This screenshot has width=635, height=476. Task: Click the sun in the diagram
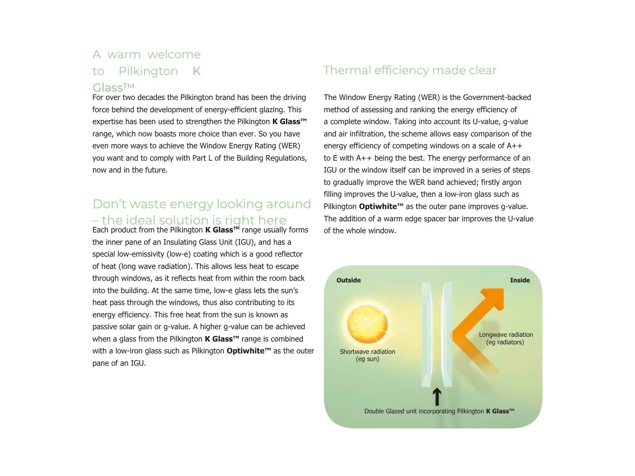click(x=367, y=324)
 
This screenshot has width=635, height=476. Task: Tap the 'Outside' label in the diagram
click(x=348, y=280)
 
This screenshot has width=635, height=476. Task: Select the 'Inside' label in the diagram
click(x=520, y=280)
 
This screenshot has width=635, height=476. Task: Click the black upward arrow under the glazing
click(x=437, y=396)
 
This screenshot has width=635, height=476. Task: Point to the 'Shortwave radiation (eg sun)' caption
click(x=368, y=355)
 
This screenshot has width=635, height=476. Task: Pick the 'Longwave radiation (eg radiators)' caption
click(x=506, y=338)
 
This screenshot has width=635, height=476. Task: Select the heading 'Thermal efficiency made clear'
click(x=410, y=70)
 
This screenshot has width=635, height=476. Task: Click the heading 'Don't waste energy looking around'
click(x=202, y=204)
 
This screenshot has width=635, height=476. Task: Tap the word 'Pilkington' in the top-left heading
click(x=148, y=71)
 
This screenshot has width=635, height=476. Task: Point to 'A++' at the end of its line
click(x=514, y=146)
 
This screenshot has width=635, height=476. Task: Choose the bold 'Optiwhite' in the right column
click(x=380, y=207)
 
